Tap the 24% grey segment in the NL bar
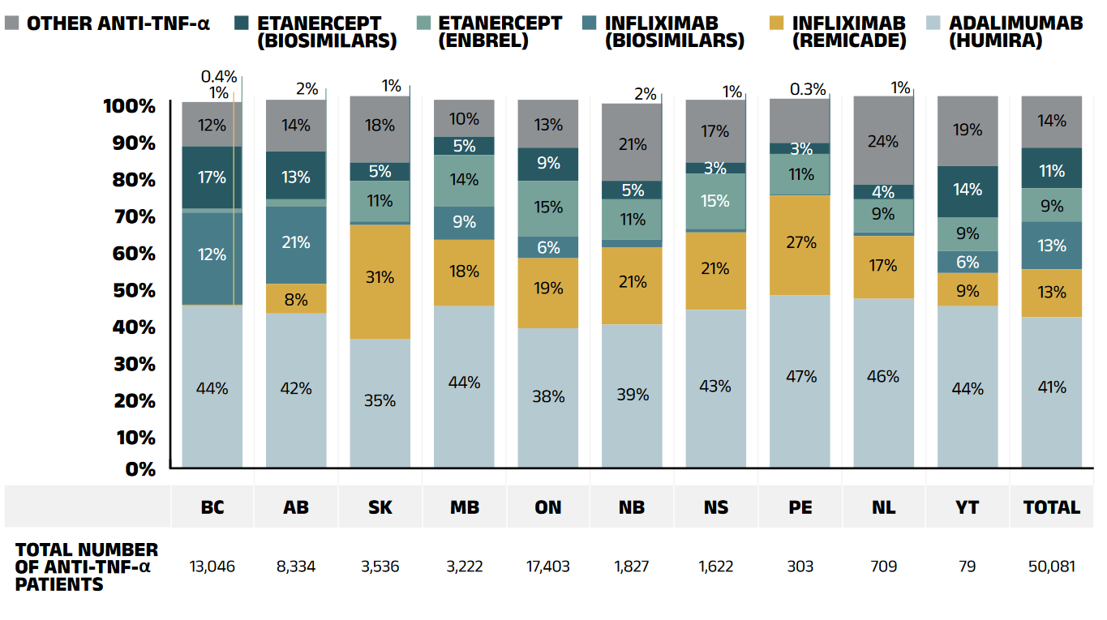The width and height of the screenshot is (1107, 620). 883,141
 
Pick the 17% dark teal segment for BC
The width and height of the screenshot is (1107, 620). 212,177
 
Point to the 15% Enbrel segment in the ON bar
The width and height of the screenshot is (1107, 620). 548,208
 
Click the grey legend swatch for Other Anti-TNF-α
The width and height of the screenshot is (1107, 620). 12,23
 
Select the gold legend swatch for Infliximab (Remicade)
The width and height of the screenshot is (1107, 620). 776,23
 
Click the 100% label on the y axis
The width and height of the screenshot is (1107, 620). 130,106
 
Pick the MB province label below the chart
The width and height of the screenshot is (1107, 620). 464,507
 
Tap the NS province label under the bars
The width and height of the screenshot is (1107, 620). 716,507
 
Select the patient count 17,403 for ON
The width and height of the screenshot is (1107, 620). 548,566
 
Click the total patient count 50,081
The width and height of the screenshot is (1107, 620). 1051,566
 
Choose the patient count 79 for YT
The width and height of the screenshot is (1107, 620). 968,566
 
